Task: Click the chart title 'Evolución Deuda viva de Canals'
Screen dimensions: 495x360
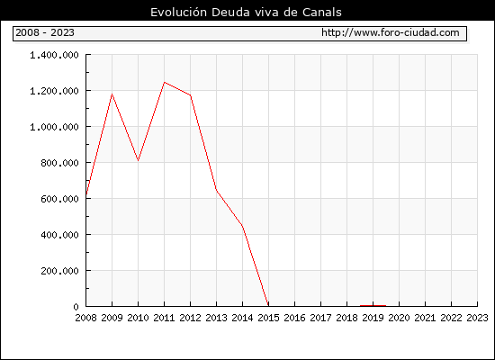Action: tap(246, 13)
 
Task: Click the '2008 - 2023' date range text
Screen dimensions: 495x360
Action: tap(45, 32)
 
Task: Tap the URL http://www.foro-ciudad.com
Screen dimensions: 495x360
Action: tap(391, 32)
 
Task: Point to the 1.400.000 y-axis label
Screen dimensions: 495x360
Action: tap(54, 55)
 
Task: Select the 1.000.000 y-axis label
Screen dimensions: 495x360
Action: tap(54, 127)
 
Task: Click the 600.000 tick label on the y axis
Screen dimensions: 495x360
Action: tap(59, 199)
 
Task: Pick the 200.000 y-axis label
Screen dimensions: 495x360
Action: tap(59, 271)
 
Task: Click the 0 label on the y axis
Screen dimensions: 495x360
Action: tap(76, 307)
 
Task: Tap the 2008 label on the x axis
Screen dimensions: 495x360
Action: tap(85, 318)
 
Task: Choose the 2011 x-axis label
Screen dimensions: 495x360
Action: tap(164, 318)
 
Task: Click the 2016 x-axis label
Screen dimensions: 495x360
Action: tap(294, 318)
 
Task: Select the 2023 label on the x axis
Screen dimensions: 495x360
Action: tap(477, 318)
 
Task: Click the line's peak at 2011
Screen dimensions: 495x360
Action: tap(164, 82)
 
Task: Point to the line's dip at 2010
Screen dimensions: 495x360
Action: tap(138, 160)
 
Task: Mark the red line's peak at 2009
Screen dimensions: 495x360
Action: tap(112, 94)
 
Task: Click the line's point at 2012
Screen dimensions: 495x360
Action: tap(191, 95)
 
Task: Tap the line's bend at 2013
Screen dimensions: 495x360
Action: tap(216, 190)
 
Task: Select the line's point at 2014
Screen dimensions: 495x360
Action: tap(242, 226)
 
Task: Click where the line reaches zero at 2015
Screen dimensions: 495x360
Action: tap(268, 306)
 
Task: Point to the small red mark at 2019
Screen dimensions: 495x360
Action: tap(373, 306)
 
